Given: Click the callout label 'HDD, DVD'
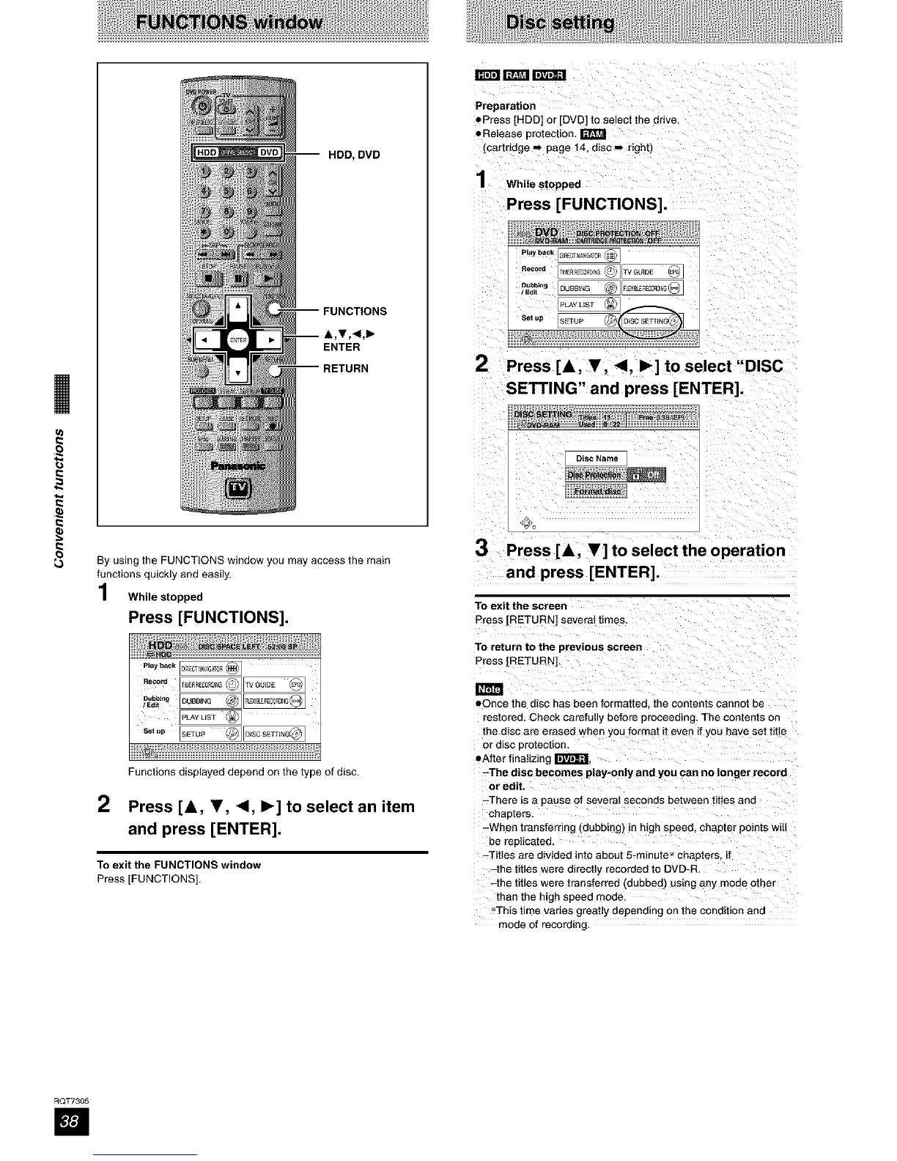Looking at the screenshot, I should coord(354,155).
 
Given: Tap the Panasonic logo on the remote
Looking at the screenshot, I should coord(237,466).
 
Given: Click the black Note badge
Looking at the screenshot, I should coord(489,689).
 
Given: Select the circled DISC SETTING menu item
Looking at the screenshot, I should coord(650,320).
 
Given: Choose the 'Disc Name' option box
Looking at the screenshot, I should coord(596,459).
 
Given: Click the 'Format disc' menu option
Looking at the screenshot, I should coord(596,491).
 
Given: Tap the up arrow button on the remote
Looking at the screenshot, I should coord(238,308).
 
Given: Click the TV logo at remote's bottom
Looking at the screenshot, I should coord(238,489).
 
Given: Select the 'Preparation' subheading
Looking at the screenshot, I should coord(505,106).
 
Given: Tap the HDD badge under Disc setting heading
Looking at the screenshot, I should coord(487,75).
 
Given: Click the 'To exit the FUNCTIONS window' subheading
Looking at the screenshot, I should coord(179,865).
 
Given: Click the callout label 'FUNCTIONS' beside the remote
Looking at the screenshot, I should coord(355,312).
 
